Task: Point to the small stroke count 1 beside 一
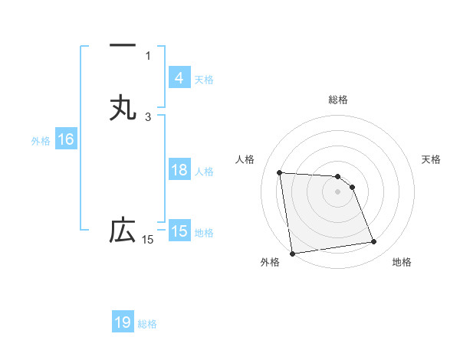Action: click(148, 55)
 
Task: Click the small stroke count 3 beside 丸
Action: click(148, 116)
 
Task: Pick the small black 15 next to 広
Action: click(148, 241)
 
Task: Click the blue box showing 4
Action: click(179, 78)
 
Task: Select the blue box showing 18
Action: click(179, 170)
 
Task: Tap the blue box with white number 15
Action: click(179, 231)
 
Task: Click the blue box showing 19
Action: click(123, 322)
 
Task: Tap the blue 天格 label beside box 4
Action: click(203, 80)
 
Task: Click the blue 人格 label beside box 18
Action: click(203, 172)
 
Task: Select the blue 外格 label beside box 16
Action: click(41, 141)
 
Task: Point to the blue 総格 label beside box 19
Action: click(147, 324)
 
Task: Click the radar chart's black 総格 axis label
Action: click(337, 100)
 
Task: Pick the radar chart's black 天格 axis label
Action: click(431, 159)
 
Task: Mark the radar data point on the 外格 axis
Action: click(292, 253)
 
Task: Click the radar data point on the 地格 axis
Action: click(374, 242)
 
